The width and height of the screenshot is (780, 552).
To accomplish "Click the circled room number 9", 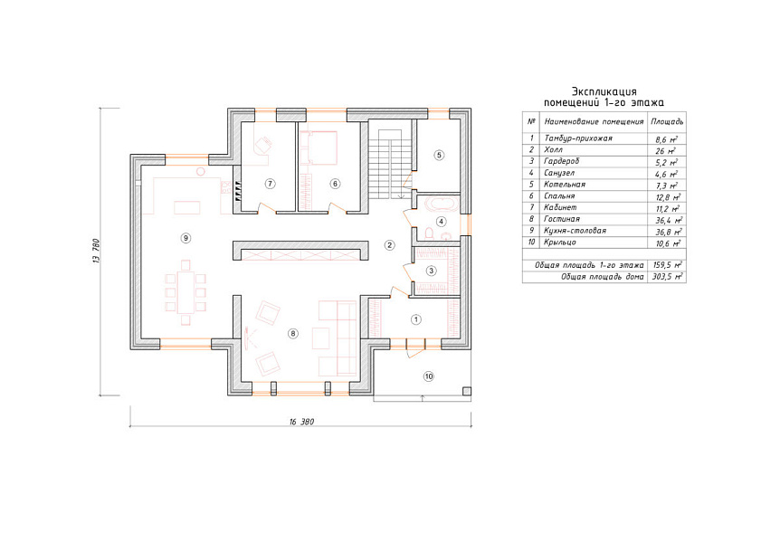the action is coord(185,238).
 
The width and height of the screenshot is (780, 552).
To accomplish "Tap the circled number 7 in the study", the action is coord(271,184).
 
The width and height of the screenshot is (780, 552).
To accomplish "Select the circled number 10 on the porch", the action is coord(429,376).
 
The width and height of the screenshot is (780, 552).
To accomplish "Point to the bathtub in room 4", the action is coord(441,204).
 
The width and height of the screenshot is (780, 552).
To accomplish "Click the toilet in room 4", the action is coord(429,233).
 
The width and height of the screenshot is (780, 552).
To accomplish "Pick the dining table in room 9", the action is coord(186,291).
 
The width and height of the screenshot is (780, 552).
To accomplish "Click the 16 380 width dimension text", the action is coord(301,422).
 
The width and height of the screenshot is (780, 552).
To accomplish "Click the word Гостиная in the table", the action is coord(562,219).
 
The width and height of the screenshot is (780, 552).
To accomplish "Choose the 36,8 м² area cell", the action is coord(668,232).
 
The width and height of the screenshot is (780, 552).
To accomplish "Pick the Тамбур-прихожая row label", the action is coord(578,138).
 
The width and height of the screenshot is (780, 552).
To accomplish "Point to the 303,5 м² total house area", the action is coord(667,277).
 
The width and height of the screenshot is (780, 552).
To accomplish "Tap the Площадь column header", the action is coord(667,121).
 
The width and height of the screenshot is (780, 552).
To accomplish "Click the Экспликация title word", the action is coord(604,91).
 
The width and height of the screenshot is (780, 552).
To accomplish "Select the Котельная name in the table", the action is coord(565,185).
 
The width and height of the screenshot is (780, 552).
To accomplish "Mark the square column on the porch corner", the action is coord(467,391).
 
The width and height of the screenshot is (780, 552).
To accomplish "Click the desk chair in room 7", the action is coord(262,144).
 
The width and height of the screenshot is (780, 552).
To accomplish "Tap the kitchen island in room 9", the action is coord(187,207).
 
